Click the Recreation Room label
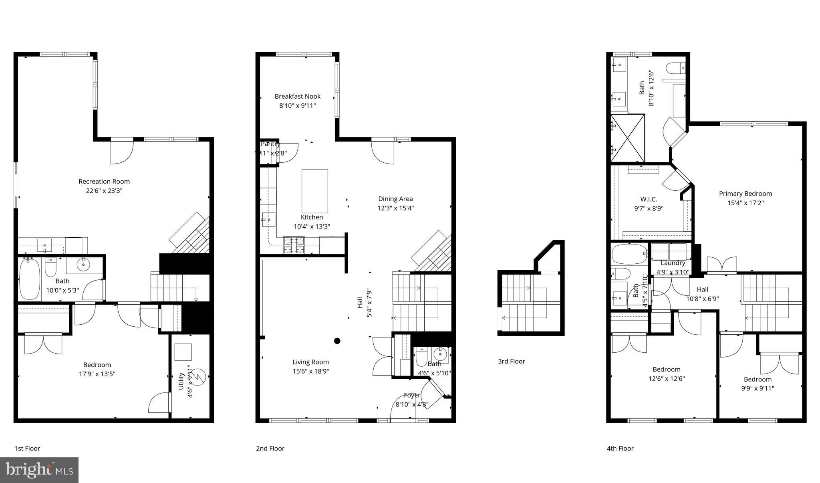coord(104,182)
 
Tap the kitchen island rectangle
coord(314,191)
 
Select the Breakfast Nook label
coord(297,97)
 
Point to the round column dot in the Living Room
coord(337,341)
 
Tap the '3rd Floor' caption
coord(511,361)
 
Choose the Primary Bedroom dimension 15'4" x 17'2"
coord(745,203)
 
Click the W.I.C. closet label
coord(648,199)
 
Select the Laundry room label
coord(673,263)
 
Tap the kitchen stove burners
coord(294,245)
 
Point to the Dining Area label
coord(395,199)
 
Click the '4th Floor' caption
coord(620,449)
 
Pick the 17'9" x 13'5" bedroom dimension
coord(97,374)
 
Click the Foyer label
coord(412,395)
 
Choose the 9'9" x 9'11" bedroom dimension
coord(758,388)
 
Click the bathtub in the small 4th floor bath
coord(629,254)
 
